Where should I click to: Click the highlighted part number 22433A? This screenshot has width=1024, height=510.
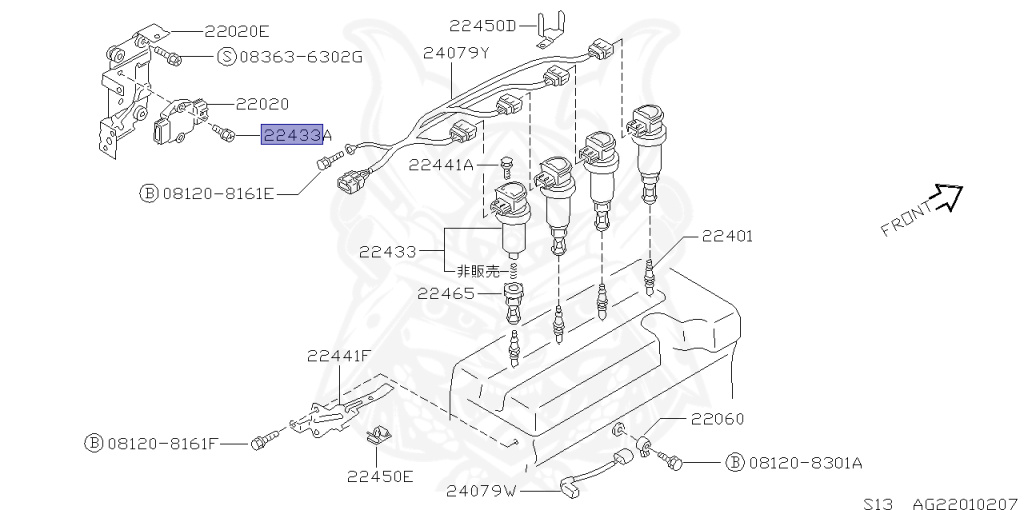click(297, 135)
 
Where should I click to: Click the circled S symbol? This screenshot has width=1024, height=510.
click(226, 56)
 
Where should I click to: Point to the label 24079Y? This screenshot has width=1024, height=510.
click(456, 52)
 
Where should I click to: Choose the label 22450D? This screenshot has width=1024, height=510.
click(484, 25)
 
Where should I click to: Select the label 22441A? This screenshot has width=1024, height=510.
click(441, 165)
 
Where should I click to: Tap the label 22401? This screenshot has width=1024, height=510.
click(727, 236)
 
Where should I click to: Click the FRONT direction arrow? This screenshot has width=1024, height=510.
click(945, 199)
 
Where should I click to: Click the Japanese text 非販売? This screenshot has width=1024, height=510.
click(478, 270)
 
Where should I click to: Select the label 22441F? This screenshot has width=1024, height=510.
click(339, 355)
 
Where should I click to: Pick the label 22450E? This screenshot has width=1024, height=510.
click(380, 476)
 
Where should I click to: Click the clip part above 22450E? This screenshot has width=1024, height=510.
click(378, 435)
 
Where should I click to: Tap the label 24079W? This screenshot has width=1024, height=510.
click(481, 490)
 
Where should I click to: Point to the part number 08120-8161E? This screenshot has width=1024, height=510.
click(218, 192)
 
